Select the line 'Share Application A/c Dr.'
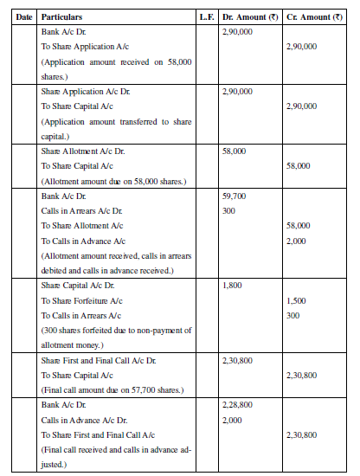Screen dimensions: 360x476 pos(85,90)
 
